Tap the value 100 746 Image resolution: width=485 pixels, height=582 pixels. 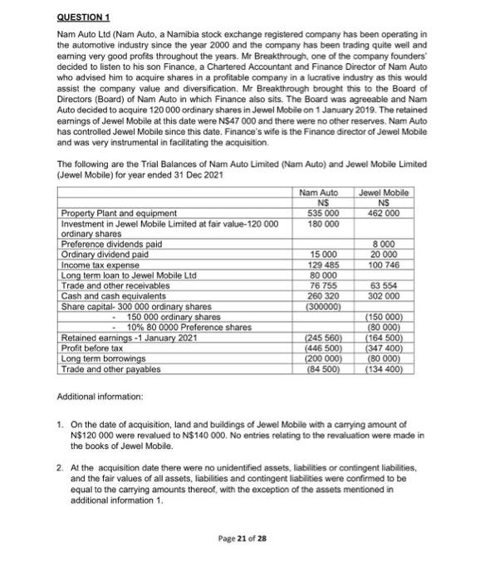pyautogui.click(x=385, y=264)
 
